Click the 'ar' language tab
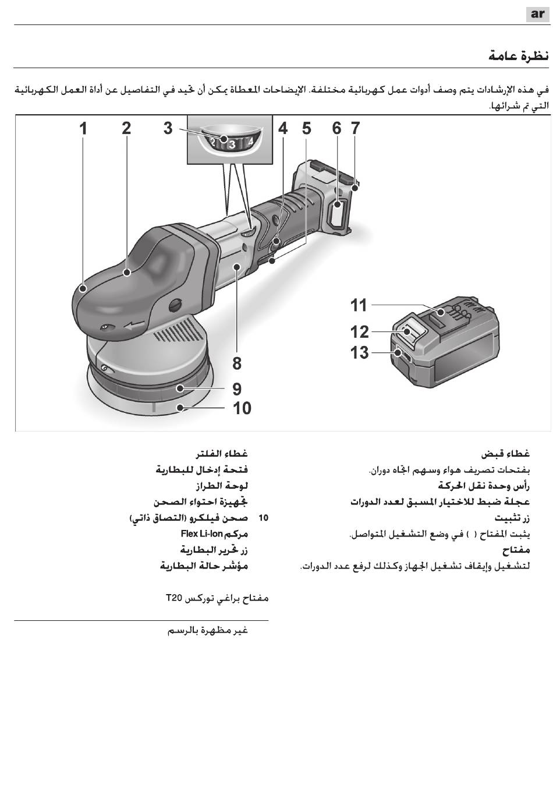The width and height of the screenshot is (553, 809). point(537,13)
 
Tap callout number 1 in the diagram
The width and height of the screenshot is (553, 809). point(84,128)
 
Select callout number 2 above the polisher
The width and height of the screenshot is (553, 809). point(126,128)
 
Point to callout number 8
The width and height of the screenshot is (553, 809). point(237,363)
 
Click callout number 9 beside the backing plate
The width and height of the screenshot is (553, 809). point(237,388)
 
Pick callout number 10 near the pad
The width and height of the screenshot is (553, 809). point(242,408)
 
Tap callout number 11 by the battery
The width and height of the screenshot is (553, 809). point(359,305)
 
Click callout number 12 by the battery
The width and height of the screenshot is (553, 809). point(360,332)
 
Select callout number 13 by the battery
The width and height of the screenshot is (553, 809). point(360,352)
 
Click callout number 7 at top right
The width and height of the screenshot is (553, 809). point(355,128)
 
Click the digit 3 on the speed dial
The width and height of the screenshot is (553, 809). point(232,144)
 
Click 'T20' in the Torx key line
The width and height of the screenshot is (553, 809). point(173,598)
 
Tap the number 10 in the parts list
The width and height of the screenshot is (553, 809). point(263,518)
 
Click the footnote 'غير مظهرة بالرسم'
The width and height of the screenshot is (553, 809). point(208,630)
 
